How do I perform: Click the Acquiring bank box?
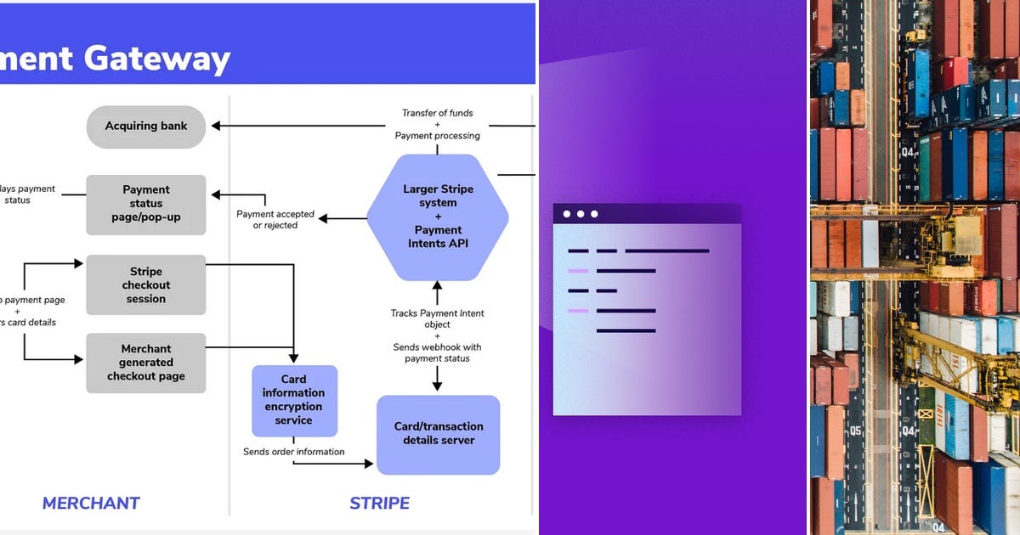pos(146,127)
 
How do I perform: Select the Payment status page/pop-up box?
pos(146,204)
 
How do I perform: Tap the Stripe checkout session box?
pos(146,285)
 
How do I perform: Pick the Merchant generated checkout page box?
pos(146,363)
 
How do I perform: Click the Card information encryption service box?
pos(294,400)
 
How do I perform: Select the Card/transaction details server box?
pos(439,434)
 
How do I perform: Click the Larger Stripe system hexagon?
pos(438,217)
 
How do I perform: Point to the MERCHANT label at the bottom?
pos(91,504)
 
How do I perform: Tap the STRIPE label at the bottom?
pos(380,504)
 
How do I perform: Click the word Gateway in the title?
pos(169,59)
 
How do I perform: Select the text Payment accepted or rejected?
pos(275,220)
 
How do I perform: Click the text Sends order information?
pos(294,452)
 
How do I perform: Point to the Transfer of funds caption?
pos(438,113)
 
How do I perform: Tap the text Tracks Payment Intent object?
pos(438,318)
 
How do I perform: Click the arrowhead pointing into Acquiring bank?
pos(216,126)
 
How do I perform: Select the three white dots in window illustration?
pos(581,214)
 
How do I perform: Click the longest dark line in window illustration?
pos(666,251)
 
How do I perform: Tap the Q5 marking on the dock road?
pos(854,431)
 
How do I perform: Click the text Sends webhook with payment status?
pos(438,352)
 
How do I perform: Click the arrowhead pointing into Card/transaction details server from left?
pos(369,464)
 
